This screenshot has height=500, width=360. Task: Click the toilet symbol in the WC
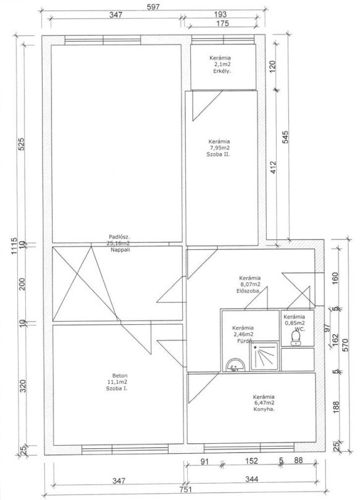(x=296, y=338)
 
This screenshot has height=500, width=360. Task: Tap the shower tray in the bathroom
(x=264, y=356)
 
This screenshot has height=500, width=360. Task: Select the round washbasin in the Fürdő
(x=235, y=365)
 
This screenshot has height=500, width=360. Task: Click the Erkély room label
(x=222, y=72)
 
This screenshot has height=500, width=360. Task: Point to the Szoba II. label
(x=219, y=154)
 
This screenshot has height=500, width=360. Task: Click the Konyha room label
(x=264, y=409)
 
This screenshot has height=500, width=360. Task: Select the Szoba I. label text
(x=117, y=388)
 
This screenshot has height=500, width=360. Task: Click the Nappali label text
(x=120, y=250)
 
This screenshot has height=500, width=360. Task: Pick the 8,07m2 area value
(x=250, y=285)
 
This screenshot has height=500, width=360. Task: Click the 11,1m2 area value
(x=118, y=382)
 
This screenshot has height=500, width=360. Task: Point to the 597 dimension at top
(x=153, y=7)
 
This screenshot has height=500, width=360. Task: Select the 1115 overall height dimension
(x=14, y=246)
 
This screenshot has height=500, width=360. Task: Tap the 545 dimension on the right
(x=285, y=137)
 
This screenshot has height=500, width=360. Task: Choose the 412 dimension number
(x=273, y=168)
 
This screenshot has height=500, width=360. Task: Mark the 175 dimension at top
(x=222, y=23)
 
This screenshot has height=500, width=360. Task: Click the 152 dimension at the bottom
(x=251, y=460)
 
